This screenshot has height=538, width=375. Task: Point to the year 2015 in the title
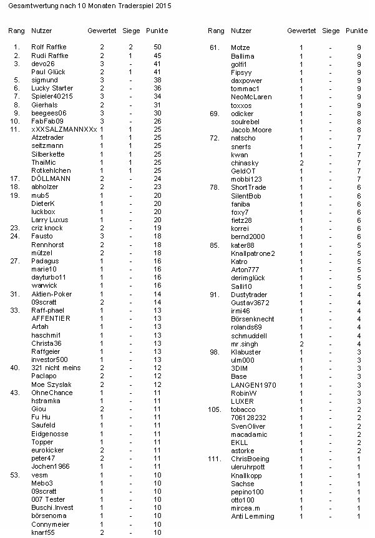click(160, 6)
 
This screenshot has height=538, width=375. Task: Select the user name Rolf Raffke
click(48, 47)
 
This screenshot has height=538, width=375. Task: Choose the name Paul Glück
click(47, 72)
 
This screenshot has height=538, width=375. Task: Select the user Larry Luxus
click(48, 220)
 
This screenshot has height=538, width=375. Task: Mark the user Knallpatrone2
click(253, 253)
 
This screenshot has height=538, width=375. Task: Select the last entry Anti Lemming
click(252, 516)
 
